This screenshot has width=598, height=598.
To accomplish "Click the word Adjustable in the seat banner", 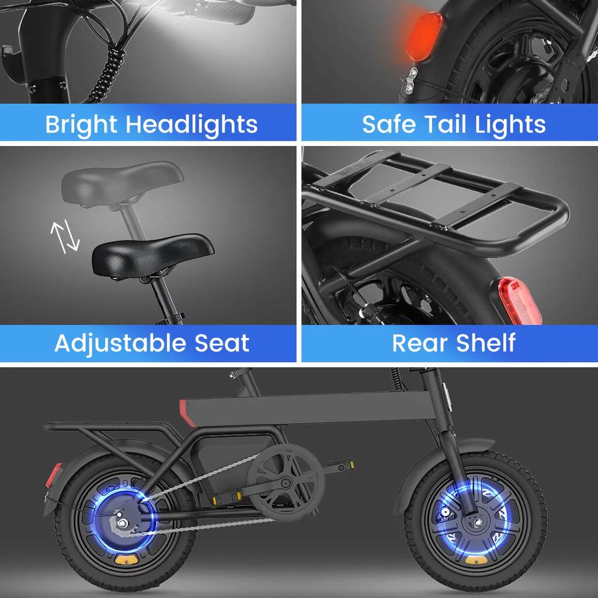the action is (x=120, y=343).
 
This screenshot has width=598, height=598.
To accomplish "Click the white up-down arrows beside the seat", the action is (x=65, y=237).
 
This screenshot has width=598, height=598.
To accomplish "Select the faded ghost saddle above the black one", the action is (x=122, y=182).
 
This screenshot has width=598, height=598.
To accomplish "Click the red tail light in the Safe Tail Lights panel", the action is (x=424, y=36).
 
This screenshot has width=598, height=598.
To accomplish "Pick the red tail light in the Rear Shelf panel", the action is (x=520, y=301).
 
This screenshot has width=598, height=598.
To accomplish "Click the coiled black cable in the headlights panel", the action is (x=109, y=72).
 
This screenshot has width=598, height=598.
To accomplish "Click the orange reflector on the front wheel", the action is (x=476, y=560).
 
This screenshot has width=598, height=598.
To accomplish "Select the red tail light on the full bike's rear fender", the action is (x=53, y=475).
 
